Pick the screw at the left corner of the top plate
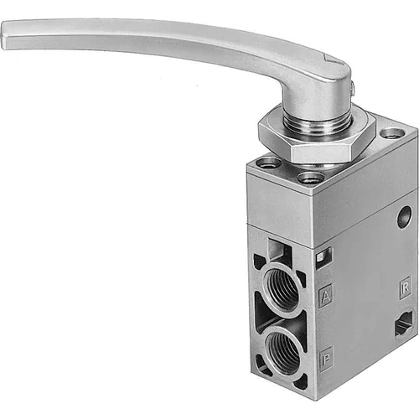click(x=266, y=163)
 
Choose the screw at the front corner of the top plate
click(x=310, y=178)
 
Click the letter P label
click(x=327, y=354)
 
